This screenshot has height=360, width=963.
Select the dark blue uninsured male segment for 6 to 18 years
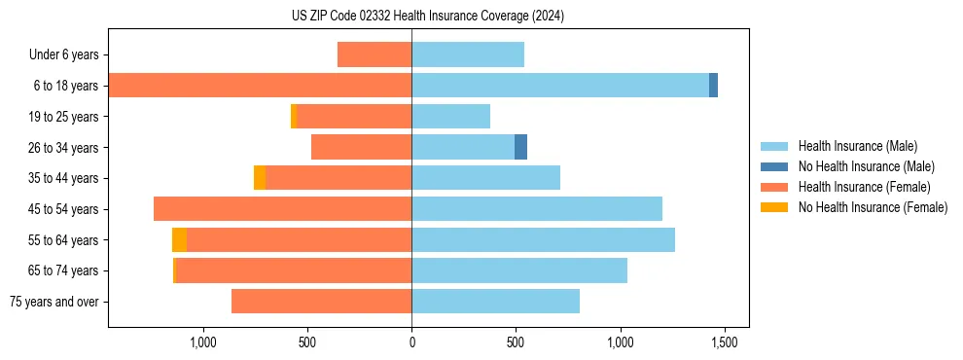point(713,86)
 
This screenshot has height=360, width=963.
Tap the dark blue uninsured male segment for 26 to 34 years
point(520,147)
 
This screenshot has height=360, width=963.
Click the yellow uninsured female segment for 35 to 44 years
point(260,178)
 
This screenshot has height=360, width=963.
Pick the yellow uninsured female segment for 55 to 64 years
point(179,240)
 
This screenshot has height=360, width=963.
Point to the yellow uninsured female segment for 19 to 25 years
point(293,117)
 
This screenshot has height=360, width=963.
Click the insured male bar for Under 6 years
point(468,54)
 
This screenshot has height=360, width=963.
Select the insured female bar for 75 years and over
point(321,302)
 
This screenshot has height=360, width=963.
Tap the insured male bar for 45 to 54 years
point(537,209)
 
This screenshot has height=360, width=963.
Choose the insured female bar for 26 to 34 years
point(361,147)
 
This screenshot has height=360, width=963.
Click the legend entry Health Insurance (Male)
point(857,146)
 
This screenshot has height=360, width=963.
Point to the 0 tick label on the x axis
point(411,343)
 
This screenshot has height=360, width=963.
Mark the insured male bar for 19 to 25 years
point(450,117)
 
